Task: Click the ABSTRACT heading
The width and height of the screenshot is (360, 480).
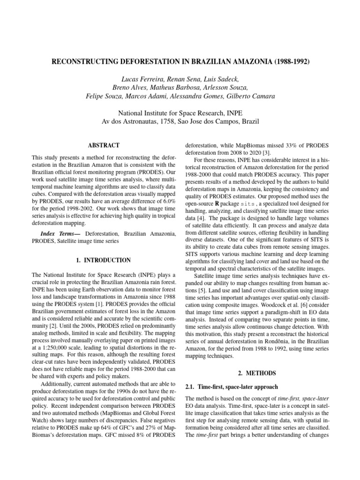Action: [104, 146]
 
